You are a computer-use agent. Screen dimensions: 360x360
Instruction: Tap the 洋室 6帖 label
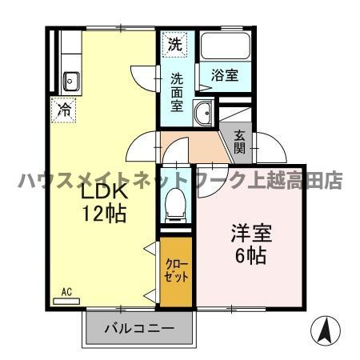(251, 245)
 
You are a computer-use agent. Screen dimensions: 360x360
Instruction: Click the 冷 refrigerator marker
(63, 110)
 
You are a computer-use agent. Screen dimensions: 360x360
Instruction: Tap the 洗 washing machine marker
(174, 45)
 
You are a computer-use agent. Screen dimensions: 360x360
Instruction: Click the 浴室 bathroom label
(224, 74)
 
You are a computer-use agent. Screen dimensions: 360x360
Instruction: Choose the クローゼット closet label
(176, 271)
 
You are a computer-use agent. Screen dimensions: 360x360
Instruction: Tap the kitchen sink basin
(70, 80)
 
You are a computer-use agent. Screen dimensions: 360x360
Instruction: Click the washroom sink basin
(202, 114)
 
